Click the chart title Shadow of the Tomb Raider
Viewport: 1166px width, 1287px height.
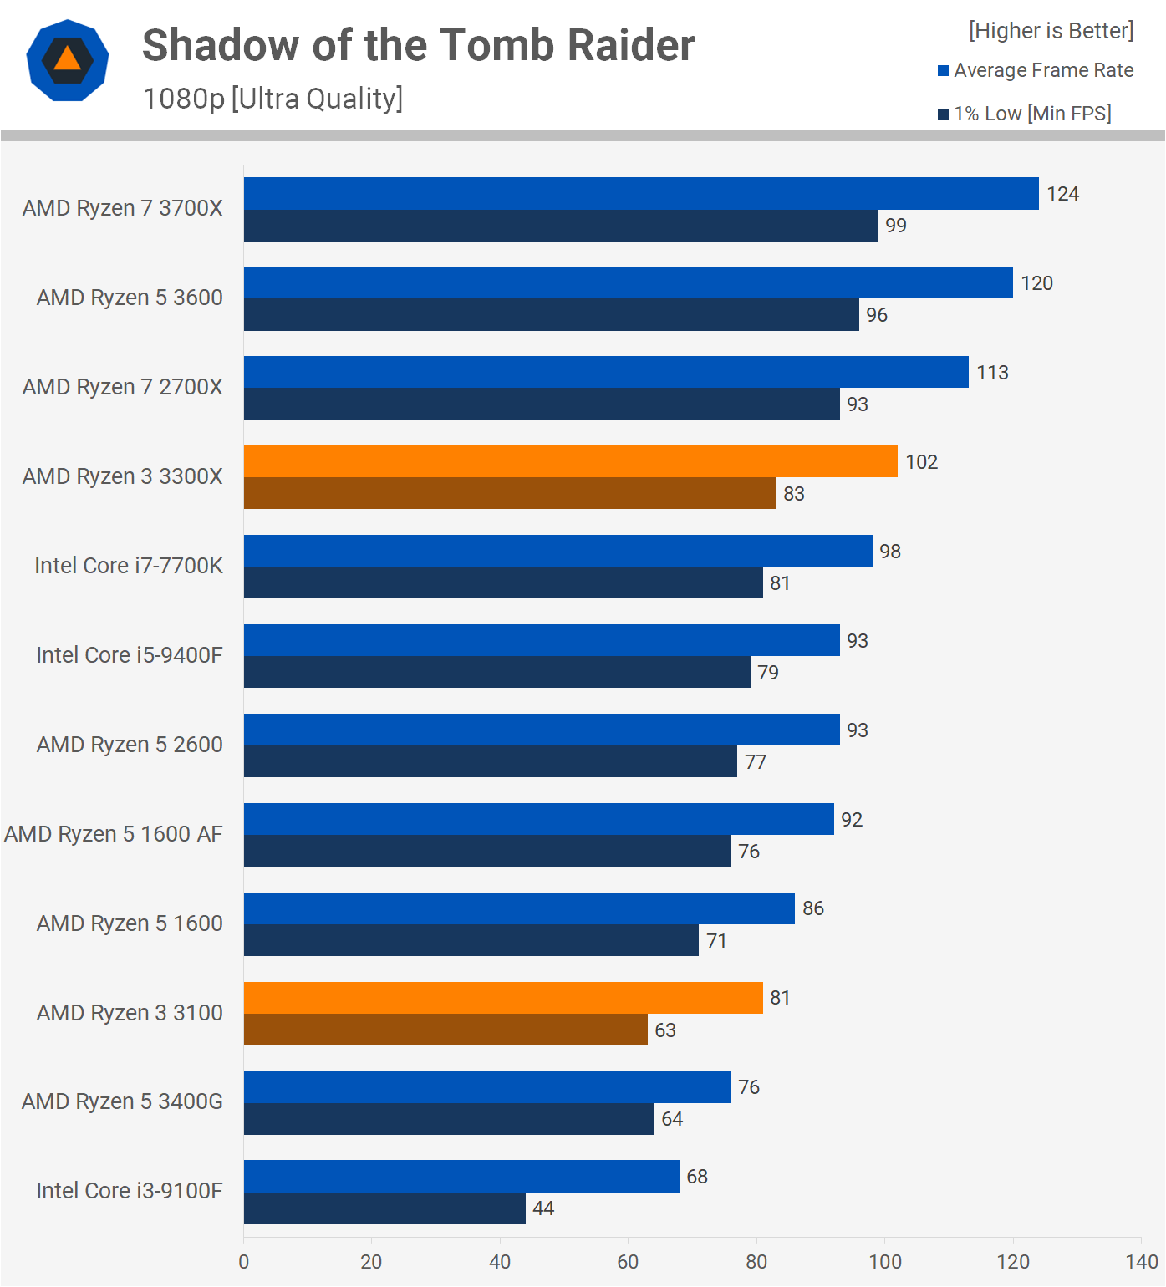click(x=418, y=45)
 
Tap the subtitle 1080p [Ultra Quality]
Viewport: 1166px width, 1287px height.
click(x=272, y=99)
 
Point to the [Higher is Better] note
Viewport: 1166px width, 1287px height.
click(x=1051, y=31)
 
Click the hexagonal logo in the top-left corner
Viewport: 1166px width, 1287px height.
click(x=68, y=60)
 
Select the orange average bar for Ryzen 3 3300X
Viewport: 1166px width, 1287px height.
click(x=570, y=461)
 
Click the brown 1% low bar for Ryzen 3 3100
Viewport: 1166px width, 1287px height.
click(x=446, y=1030)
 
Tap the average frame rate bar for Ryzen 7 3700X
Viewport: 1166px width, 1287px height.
click(x=641, y=193)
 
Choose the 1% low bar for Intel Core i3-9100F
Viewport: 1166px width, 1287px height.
click(x=384, y=1208)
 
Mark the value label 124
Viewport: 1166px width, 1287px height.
click(x=1062, y=194)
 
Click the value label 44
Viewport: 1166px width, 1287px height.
click(x=543, y=1208)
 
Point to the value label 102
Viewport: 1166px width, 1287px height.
click(x=921, y=462)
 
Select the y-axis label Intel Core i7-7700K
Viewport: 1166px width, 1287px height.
click(x=129, y=566)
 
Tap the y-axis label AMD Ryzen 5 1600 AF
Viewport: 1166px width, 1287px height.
click(x=114, y=834)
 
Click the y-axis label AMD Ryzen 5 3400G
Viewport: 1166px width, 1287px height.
click(x=122, y=1101)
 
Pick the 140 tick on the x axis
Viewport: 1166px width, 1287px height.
click(x=1141, y=1262)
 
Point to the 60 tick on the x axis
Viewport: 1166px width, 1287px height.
click(x=628, y=1262)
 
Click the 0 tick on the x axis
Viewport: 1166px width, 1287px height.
click(x=244, y=1262)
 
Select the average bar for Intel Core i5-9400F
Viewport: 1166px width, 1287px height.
click(x=542, y=640)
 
